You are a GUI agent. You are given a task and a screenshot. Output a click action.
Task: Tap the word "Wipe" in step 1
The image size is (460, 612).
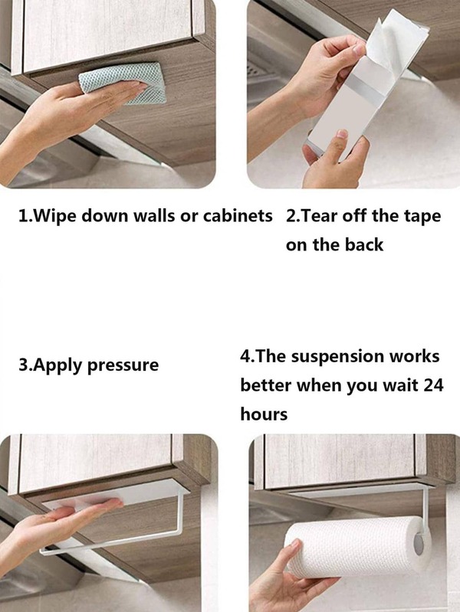coord(51,216)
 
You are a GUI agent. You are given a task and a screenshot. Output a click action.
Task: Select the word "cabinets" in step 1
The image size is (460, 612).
coord(238,216)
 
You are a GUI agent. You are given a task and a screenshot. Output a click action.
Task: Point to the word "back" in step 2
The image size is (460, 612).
coord(363,245)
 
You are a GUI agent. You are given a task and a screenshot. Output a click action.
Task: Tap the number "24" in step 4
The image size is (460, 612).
coord(433,385)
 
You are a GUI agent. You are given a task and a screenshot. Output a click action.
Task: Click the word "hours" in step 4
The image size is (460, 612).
coord(264,414)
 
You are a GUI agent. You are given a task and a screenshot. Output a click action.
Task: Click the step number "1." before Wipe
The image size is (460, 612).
coord(25,216)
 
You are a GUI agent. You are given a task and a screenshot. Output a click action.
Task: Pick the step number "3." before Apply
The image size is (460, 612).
coord(25,365)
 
